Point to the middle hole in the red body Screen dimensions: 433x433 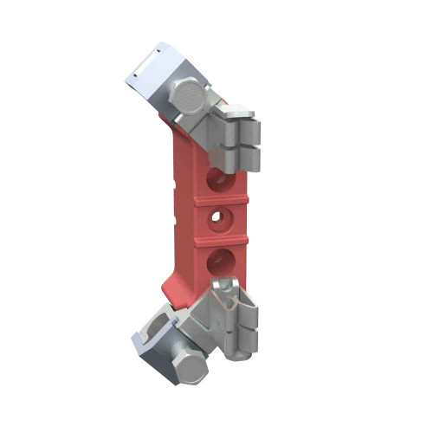pos(220,216)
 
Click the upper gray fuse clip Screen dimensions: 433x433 pos(238,139)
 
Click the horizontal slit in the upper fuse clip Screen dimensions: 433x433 pos(247,147)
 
